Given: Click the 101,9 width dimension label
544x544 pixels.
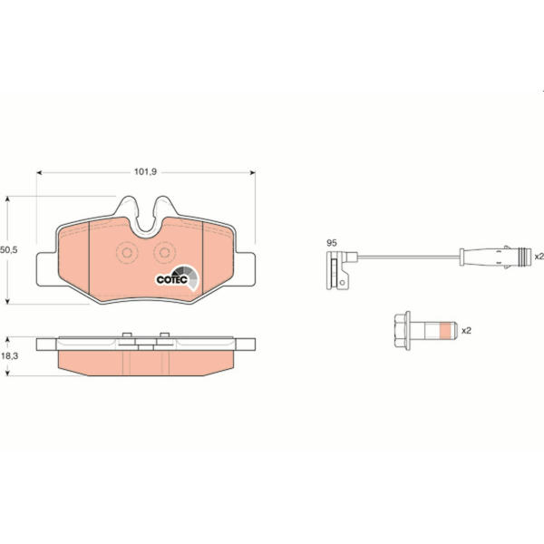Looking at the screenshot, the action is coord(145,171).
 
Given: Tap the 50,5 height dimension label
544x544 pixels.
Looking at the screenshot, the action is coord(9,250).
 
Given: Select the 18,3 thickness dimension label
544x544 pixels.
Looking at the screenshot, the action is coord(9,356).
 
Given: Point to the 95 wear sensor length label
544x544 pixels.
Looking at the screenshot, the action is coord(332,243).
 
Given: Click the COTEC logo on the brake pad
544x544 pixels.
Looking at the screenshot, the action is coord(178,278).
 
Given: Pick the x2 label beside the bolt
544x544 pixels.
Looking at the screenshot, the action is coord(466,331).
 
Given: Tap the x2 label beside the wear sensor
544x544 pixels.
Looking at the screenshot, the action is coord(539,257).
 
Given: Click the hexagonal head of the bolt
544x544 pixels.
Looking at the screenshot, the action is coord(403,331).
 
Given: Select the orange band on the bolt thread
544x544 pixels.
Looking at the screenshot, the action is coord(448,330).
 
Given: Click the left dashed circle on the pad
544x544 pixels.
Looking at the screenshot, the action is coord(127,253).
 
